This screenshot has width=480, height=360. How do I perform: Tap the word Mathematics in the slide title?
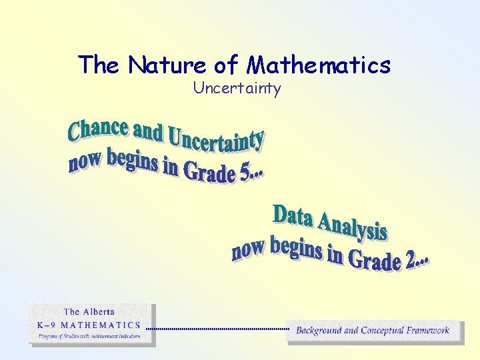[x=319, y=65]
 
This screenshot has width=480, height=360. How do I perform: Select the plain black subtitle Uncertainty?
[x=237, y=88]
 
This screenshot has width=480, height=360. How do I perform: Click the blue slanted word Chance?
[x=98, y=129]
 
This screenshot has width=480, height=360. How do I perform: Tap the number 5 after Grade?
[x=245, y=175]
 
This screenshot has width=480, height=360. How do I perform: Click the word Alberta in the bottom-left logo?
[x=99, y=311]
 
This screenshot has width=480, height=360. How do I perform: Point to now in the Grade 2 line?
[x=249, y=250]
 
